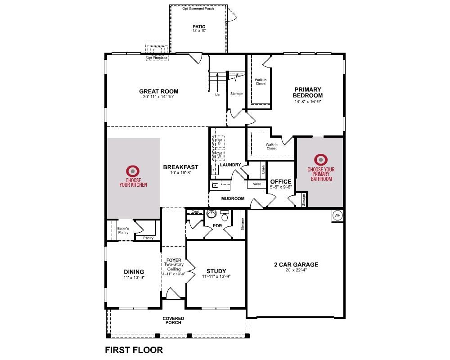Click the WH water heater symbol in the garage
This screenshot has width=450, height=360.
coord(337,215)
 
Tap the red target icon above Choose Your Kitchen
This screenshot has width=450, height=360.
coord(133,171)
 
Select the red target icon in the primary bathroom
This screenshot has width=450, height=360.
coord(321,160)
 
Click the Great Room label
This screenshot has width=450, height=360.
coord(159,91)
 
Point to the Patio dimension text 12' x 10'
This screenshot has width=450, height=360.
coord(199,31)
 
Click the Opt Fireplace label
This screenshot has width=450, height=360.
coord(157,58)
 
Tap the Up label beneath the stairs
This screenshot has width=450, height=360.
coord(217,95)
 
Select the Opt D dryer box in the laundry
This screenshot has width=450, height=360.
coord(219,142)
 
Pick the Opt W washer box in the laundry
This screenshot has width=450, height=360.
coord(219,155)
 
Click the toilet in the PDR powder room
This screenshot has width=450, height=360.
coord(224,216)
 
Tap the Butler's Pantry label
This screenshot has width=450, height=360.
coord(123,230)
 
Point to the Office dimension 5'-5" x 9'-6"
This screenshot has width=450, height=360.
coord(281,187)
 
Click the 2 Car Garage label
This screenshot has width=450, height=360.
coord(296,265)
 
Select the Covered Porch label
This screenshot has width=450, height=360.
coord(173,320)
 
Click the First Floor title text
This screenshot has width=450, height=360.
coord(134,350)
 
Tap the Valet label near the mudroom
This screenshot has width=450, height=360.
coord(256,184)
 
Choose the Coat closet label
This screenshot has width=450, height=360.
coord(195,211)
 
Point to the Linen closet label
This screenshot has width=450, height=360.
coord(263,170)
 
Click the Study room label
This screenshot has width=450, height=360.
coord(216,271)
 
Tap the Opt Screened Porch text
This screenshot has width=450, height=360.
coord(198,9)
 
